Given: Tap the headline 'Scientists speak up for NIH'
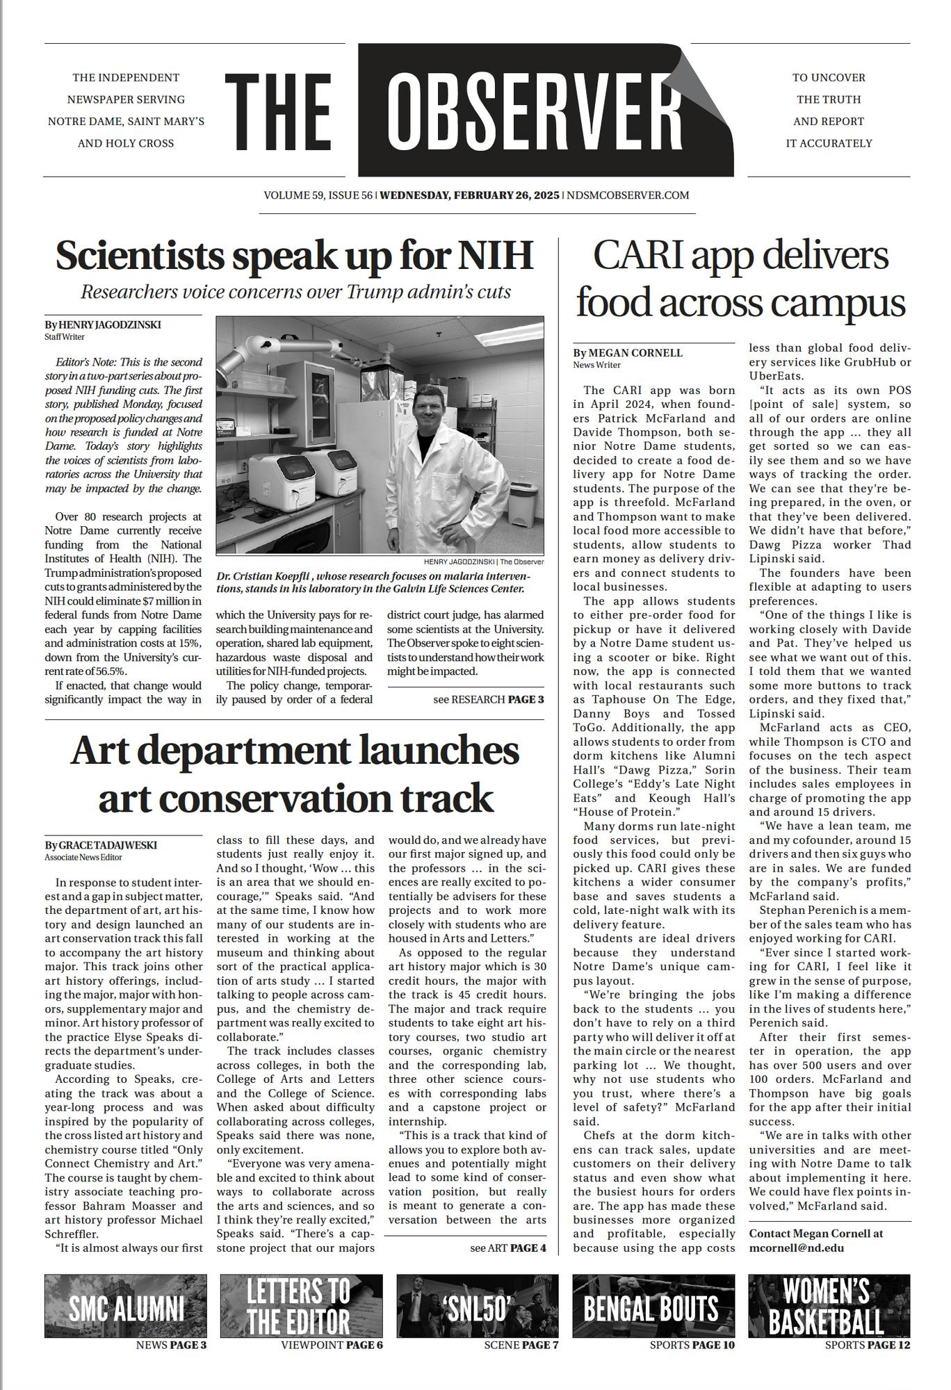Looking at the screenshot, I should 294,256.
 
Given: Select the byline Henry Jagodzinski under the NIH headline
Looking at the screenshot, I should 103,325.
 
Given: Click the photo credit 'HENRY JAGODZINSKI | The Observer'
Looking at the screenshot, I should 483,562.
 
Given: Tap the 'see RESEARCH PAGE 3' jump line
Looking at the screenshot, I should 488,699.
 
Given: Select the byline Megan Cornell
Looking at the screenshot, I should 628,353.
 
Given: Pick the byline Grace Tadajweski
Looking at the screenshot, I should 101,845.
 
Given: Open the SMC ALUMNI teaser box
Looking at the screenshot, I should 126,1305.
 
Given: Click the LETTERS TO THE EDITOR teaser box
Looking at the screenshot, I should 301,1305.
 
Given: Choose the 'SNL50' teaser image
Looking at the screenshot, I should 478,1305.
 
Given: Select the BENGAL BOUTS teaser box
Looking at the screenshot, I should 653,1305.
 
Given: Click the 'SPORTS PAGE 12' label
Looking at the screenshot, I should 867,1345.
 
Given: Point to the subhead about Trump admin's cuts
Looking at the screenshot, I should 295,292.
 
